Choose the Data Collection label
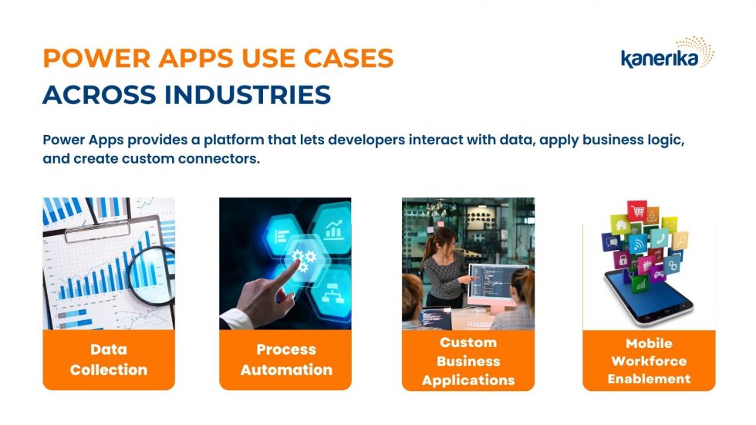(109, 359)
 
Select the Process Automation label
(286, 359)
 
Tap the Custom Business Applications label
(468, 361)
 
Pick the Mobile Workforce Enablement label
(649, 361)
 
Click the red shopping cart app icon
(637, 211)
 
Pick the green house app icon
(620, 227)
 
